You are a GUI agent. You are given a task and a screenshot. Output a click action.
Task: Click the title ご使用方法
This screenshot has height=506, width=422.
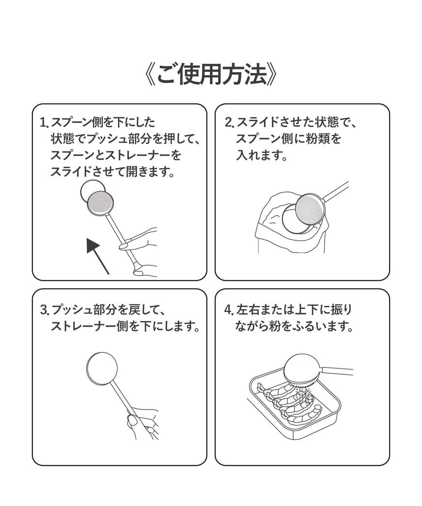point(211,75)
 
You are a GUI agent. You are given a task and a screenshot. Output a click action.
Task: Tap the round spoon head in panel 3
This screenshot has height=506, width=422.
point(102,368)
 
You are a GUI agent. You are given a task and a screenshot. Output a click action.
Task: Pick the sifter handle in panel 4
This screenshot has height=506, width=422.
point(337,371)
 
